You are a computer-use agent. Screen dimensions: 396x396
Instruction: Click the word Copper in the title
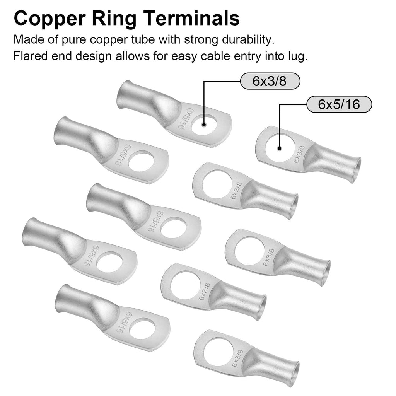pyautogui.click(x=50, y=19)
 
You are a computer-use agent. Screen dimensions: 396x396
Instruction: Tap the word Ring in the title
pyautogui.click(x=114, y=19)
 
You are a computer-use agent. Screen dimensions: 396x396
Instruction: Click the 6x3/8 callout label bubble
pyautogui.click(x=270, y=81)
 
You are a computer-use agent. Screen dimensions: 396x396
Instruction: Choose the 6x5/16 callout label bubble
pyautogui.click(x=339, y=104)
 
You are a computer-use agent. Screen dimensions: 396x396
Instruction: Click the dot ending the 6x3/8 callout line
pyautogui.click(x=204, y=125)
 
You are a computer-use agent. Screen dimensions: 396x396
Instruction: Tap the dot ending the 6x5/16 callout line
pyautogui.click(x=279, y=148)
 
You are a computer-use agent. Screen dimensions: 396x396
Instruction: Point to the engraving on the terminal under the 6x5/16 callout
pyautogui.click(x=299, y=154)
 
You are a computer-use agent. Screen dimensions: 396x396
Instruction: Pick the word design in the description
pyautogui.click(x=94, y=56)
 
